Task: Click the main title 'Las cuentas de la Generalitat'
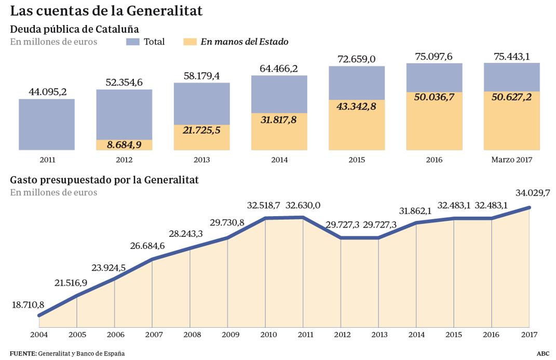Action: [106, 10]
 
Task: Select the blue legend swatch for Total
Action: [133, 42]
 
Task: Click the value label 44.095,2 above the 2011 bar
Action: [46, 91]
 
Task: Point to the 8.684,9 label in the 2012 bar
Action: [124, 145]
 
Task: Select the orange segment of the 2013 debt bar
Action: [201, 138]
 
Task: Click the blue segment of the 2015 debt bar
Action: [357, 83]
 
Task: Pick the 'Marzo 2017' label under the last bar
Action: [512, 160]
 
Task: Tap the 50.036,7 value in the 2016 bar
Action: [435, 97]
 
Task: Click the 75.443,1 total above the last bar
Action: [512, 56]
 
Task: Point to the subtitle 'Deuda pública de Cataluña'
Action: [74, 29]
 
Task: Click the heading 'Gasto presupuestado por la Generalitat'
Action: [104, 180]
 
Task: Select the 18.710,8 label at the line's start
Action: [28, 304]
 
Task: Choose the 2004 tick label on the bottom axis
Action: [39, 335]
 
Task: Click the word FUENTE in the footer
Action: [22, 354]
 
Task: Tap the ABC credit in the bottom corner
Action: [543, 354]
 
